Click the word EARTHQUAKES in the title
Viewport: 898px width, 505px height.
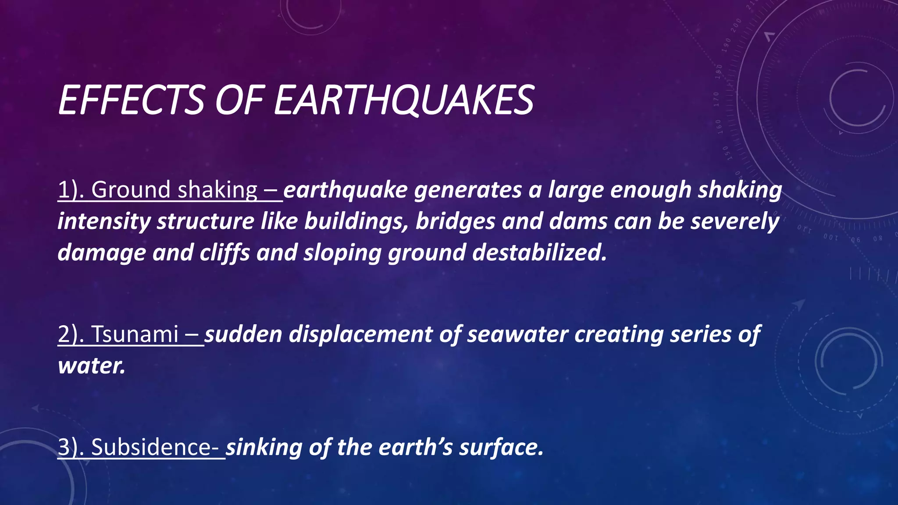click(x=404, y=100)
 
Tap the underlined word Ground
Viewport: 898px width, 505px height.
click(x=131, y=190)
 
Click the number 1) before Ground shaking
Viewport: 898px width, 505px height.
click(x=70, y=190)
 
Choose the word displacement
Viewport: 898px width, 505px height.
click(x=361, y=335)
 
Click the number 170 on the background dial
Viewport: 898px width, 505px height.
click(x=716, y=100)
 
